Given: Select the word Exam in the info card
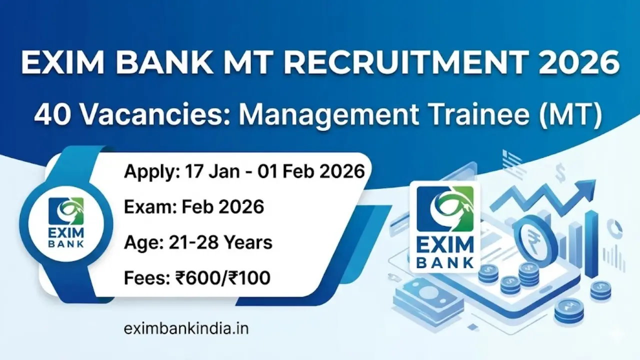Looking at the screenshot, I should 144,206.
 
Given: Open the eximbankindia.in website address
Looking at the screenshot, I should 186,329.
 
